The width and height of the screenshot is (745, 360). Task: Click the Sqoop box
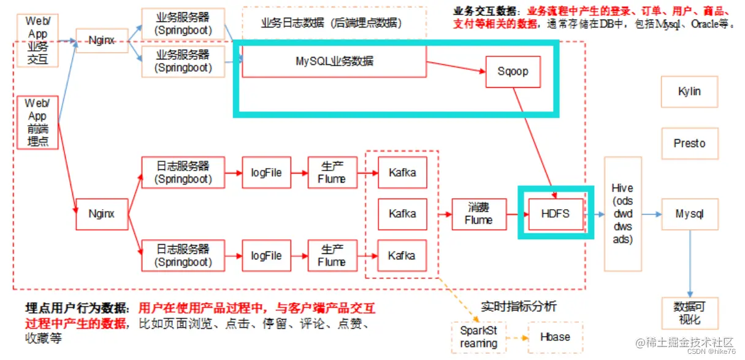(x=513, y=72)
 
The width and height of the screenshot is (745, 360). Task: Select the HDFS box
(x=555, y=214)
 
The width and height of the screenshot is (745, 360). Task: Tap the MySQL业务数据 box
(x=334, y=61)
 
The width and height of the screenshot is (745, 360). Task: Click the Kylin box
(x=689, y=91)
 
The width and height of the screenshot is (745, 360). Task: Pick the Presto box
(x=689, y=144)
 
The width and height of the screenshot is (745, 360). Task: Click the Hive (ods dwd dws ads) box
(x=622, y=213)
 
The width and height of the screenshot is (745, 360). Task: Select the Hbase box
(x=554, y=337)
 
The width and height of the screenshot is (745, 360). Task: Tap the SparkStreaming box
(x=478, y=337)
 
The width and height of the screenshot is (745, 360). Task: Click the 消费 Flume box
(x=479, y=214)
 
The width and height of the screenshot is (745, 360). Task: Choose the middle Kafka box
(x=402, y=214)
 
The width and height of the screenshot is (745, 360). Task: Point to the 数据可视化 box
(x=689, y=312)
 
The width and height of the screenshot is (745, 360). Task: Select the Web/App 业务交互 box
(x=37, y=40)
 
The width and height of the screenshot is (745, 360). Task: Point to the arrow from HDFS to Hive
(x=594, y=214)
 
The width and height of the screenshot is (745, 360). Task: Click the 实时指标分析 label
(x=518, y=306)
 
